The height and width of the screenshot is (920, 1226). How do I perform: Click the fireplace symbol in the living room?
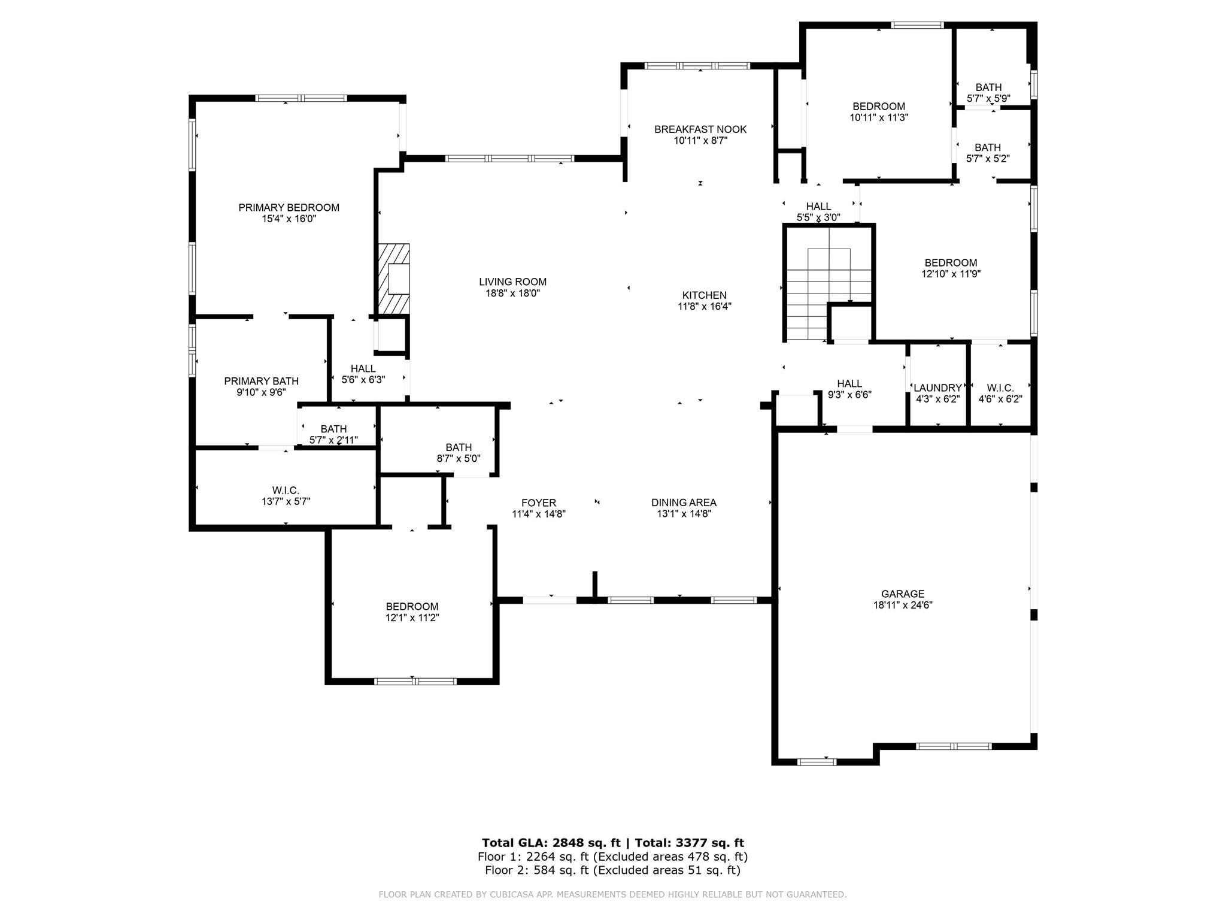pos(394,279)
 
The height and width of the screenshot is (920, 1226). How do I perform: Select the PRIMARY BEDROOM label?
pos(289,208)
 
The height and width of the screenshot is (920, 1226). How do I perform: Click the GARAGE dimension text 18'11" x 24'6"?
pos(903,605)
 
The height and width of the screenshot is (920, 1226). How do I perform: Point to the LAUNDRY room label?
pos(937,388)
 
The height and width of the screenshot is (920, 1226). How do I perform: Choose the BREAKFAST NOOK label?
pos(700,129)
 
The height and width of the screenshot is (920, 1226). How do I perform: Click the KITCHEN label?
pos(704,295)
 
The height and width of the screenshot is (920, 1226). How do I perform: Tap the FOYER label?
pos(538,503)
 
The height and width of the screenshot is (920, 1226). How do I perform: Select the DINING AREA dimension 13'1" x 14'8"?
pos(684,514)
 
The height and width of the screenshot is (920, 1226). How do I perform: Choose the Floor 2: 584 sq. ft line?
pos(612,870)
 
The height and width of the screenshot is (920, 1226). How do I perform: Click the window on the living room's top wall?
pos(509,159)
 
